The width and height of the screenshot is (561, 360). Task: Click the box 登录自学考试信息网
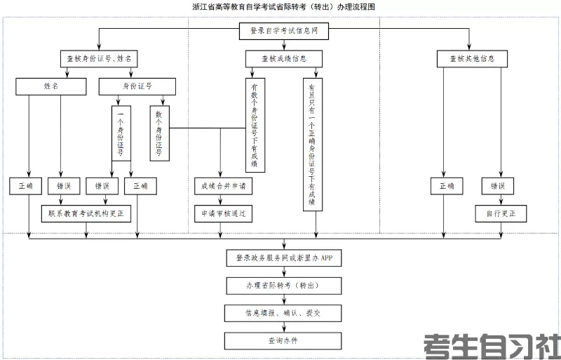283,31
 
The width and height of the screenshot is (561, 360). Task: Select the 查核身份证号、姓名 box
99,59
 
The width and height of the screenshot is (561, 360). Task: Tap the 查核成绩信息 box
283,59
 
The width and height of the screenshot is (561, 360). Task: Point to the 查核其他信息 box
471,59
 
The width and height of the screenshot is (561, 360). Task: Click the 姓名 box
50,86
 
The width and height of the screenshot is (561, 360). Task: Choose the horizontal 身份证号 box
137,86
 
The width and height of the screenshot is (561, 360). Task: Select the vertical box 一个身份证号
121,133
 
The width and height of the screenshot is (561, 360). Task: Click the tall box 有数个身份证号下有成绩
254,124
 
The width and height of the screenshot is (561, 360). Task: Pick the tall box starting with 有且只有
312,143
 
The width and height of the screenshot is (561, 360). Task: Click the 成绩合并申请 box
222,186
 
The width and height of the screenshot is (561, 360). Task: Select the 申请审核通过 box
222,213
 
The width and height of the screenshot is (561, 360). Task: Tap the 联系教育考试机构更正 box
86,213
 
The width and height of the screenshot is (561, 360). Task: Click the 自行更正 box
500,213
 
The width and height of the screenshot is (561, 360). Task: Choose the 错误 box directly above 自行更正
498,186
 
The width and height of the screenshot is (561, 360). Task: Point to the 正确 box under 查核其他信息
447,186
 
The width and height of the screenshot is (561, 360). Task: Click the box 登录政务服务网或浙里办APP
283,258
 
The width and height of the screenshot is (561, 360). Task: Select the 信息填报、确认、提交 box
283,313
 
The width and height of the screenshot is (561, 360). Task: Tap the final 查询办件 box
283,340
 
